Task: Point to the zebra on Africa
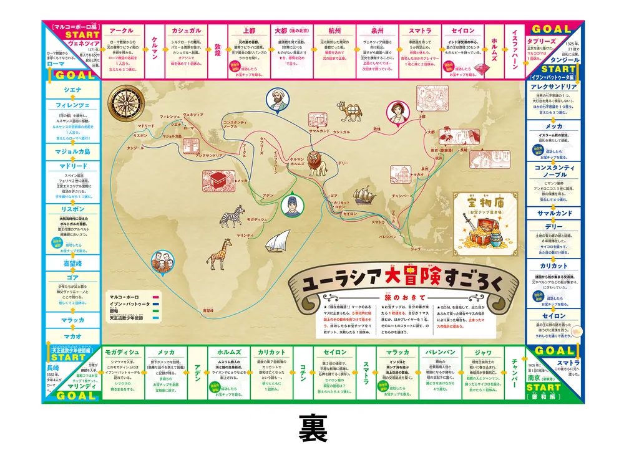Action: click(230, 216)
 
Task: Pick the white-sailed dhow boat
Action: click(276, 241)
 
